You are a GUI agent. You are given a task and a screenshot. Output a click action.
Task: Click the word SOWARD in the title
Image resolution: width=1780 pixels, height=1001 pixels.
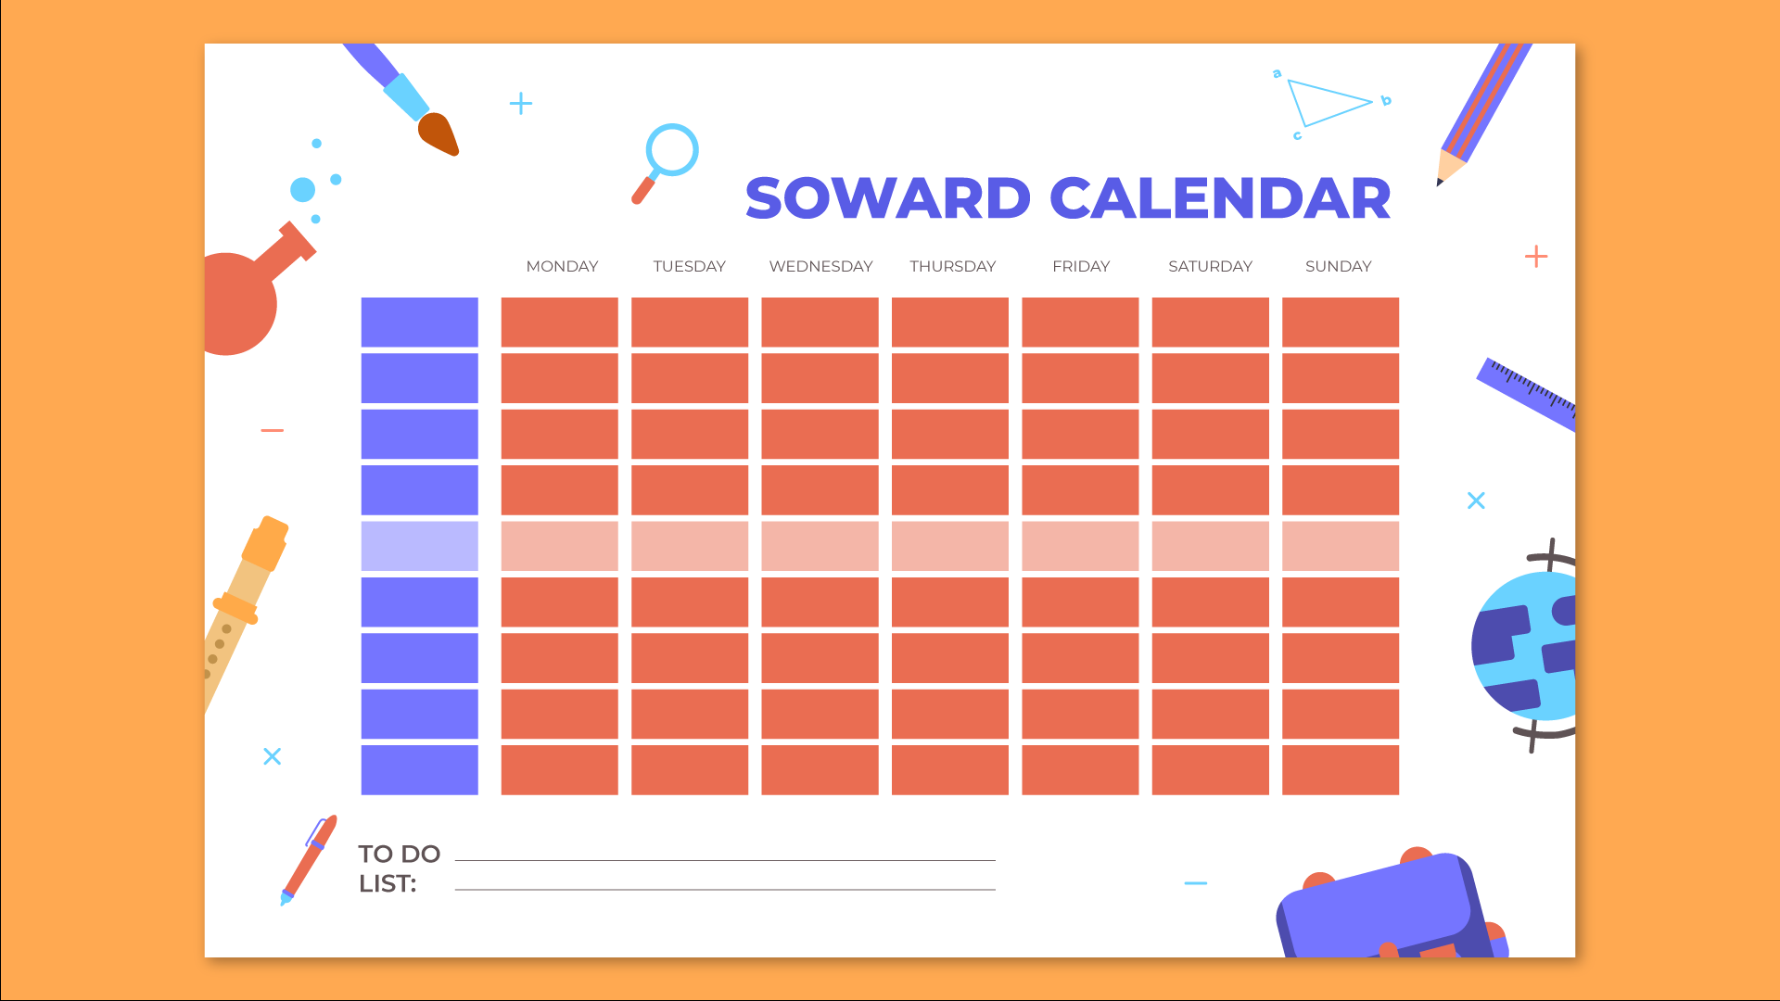point(887,198)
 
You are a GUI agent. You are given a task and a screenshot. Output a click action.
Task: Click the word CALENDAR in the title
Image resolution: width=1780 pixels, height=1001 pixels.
point(1220,198)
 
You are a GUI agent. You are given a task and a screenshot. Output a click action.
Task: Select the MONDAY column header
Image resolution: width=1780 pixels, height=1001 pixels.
point(562,266)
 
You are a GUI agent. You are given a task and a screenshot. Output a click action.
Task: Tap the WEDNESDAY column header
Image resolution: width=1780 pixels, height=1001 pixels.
point(820,266)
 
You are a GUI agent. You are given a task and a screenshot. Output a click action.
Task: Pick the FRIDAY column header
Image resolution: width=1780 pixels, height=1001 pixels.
point(1081,266)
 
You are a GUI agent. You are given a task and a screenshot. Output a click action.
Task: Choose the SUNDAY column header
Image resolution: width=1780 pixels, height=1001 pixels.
point(1338,266)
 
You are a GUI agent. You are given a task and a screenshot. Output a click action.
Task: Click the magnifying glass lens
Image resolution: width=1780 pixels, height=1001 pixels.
point(672,149)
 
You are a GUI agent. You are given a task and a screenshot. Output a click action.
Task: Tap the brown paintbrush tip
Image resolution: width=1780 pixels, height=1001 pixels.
point(439,134)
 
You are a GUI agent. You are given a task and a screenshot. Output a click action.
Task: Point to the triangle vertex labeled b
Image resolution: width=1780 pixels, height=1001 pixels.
point(1372,101)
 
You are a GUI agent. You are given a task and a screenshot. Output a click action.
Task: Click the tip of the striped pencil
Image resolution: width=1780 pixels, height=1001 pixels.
point(1440,184)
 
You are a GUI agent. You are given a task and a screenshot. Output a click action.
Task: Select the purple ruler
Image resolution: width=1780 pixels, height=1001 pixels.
point(1526,394)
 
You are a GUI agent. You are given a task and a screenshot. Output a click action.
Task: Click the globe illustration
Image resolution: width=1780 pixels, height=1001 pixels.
point(1524,646)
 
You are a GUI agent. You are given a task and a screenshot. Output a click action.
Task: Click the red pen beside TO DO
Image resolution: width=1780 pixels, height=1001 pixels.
point(309,860)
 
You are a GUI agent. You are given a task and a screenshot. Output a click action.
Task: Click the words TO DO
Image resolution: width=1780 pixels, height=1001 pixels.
point(399,854)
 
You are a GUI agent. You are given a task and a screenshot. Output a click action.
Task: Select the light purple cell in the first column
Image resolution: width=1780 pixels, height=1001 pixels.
point(420,546)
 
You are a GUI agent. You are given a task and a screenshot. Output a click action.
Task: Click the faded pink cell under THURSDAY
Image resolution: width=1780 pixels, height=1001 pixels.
point(950,546)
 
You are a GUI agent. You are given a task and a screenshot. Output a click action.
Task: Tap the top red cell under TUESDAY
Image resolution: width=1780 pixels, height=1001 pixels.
point(690,323)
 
